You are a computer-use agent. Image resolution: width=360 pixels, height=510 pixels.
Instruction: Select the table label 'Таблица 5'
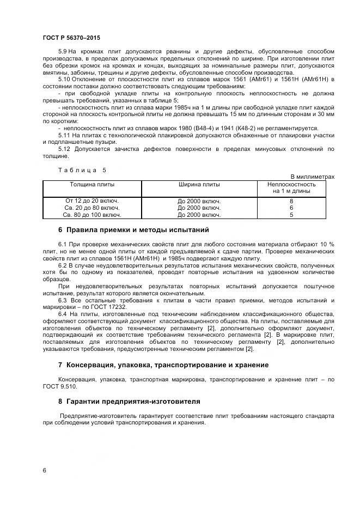click(82, 170)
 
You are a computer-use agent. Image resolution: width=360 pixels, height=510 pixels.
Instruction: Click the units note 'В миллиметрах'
click(312, 177)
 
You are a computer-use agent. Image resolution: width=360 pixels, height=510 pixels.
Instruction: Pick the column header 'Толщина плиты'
click(91, 184)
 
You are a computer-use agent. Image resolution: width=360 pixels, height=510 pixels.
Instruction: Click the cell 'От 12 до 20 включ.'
click(91, 201)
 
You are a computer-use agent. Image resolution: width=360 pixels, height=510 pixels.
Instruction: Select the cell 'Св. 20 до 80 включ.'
click(91, 208)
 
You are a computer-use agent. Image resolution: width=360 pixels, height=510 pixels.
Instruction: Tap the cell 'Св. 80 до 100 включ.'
click(91, 215)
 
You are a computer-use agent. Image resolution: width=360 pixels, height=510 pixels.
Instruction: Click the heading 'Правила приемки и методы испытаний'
click(137, 229)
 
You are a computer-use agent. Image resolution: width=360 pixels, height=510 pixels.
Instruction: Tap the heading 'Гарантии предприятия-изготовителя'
click(133, 401)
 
